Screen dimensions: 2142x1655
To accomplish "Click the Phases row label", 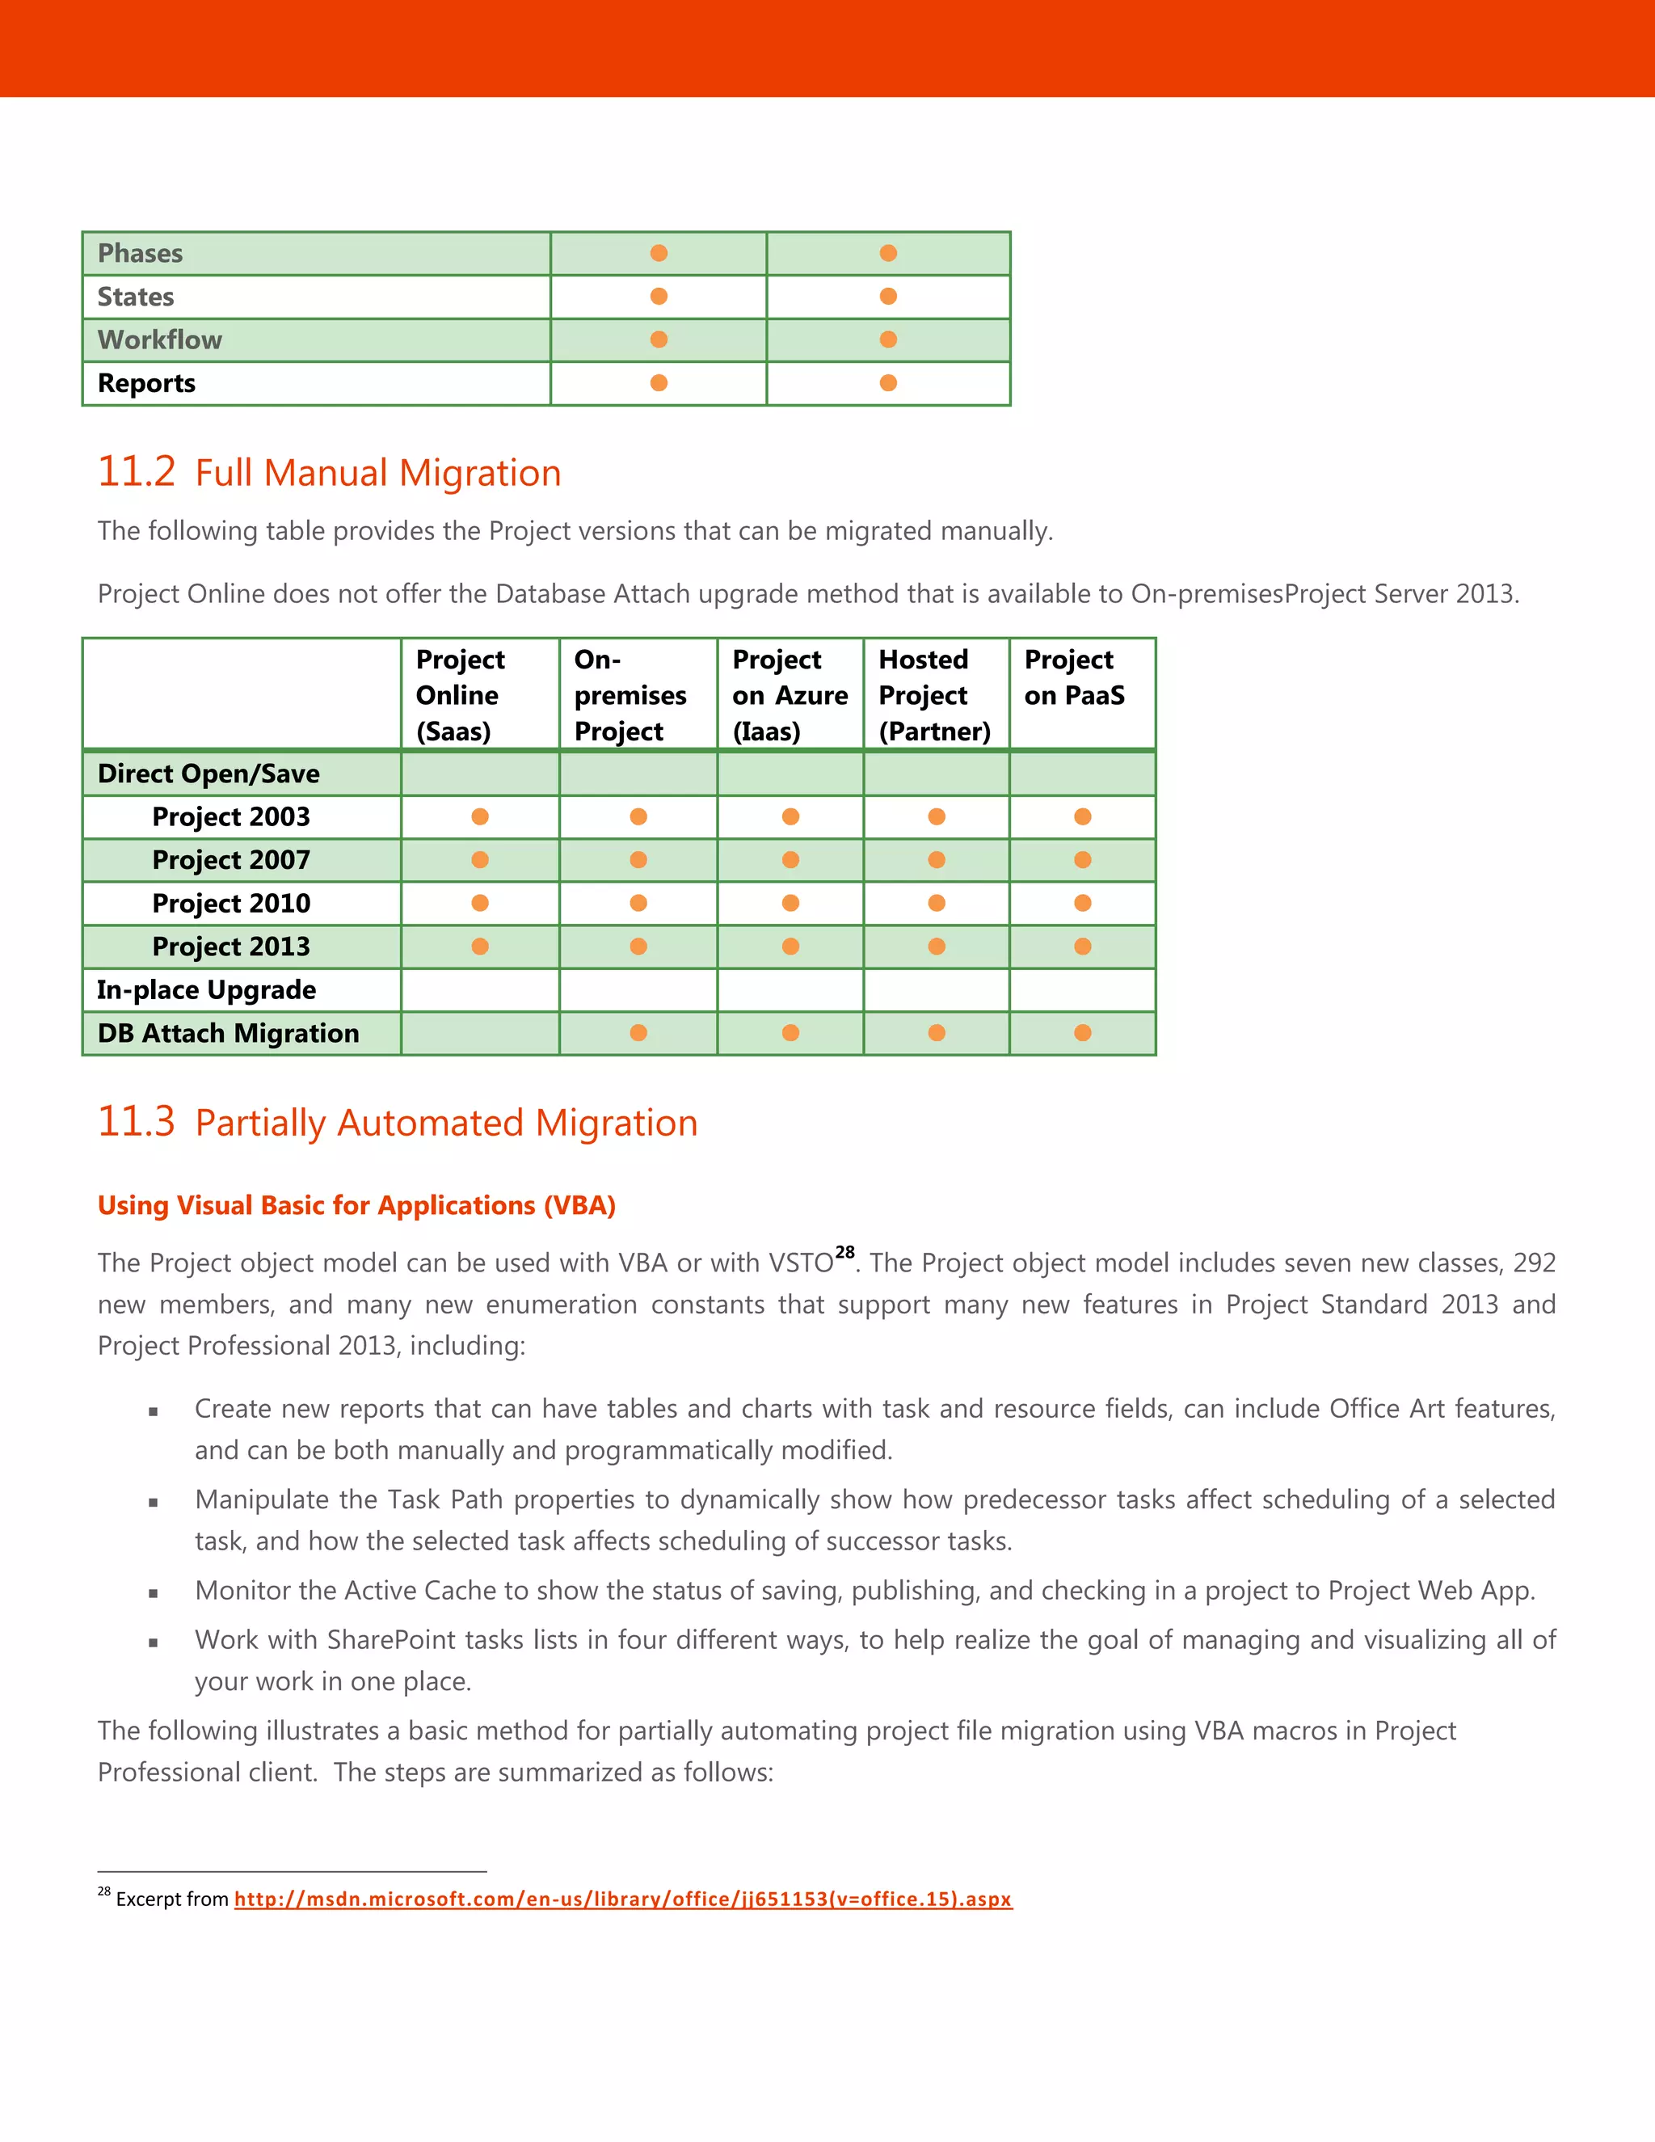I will point(140,253).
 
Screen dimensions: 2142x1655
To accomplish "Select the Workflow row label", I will point(160,339).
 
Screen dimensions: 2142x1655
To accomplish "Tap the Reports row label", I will point(146,382).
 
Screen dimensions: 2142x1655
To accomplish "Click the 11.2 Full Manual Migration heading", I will point(330,473).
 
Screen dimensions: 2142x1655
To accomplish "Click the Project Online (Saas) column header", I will point(460,694).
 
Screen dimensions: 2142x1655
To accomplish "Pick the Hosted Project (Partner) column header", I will point(933,694).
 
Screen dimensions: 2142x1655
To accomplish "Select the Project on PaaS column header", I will point(1074,677).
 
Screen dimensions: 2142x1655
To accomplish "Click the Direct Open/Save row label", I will point(208,774).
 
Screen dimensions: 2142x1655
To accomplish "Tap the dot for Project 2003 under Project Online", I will point(479,816).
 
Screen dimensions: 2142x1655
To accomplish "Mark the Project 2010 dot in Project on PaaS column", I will point(1082,902).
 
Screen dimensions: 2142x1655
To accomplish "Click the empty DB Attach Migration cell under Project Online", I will point(479,1033).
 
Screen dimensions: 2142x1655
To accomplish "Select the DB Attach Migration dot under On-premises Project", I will point(638,1033).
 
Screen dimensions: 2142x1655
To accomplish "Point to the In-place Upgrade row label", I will point(206,989).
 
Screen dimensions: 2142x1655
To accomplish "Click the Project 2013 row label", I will point(230,947).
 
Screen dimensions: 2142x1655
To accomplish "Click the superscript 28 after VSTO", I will point(844,1252).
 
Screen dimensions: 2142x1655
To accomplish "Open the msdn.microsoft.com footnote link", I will point(622,1899).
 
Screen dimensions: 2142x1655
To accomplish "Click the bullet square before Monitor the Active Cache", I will point(153,1594).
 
